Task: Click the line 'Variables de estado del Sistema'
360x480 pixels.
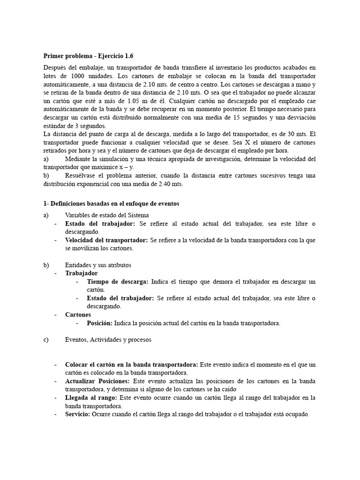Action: point(104,215)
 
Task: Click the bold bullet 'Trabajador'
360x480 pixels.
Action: point(82,273)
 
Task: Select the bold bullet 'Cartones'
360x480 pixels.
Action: point(78,315)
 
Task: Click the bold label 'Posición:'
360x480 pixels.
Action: point(99,323)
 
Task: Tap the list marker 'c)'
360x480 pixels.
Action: point(46,340)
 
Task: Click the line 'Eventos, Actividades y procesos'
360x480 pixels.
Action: point(108,340)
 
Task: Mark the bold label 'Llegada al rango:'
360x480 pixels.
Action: point(91,397)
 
